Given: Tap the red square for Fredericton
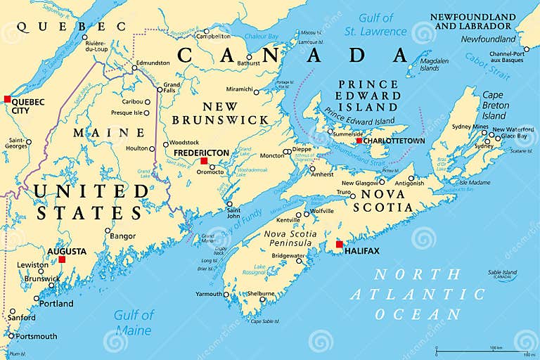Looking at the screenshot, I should (204, 161).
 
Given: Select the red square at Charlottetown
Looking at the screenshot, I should (359, 141).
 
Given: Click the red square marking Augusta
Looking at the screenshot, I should (62, 259).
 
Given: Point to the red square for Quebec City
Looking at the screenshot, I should (7, 99).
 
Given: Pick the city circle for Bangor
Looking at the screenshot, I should (108, 231).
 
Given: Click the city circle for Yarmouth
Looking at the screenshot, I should (226, 295).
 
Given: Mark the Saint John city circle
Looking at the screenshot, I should (230, 205).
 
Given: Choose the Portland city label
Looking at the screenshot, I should (56, 304).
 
